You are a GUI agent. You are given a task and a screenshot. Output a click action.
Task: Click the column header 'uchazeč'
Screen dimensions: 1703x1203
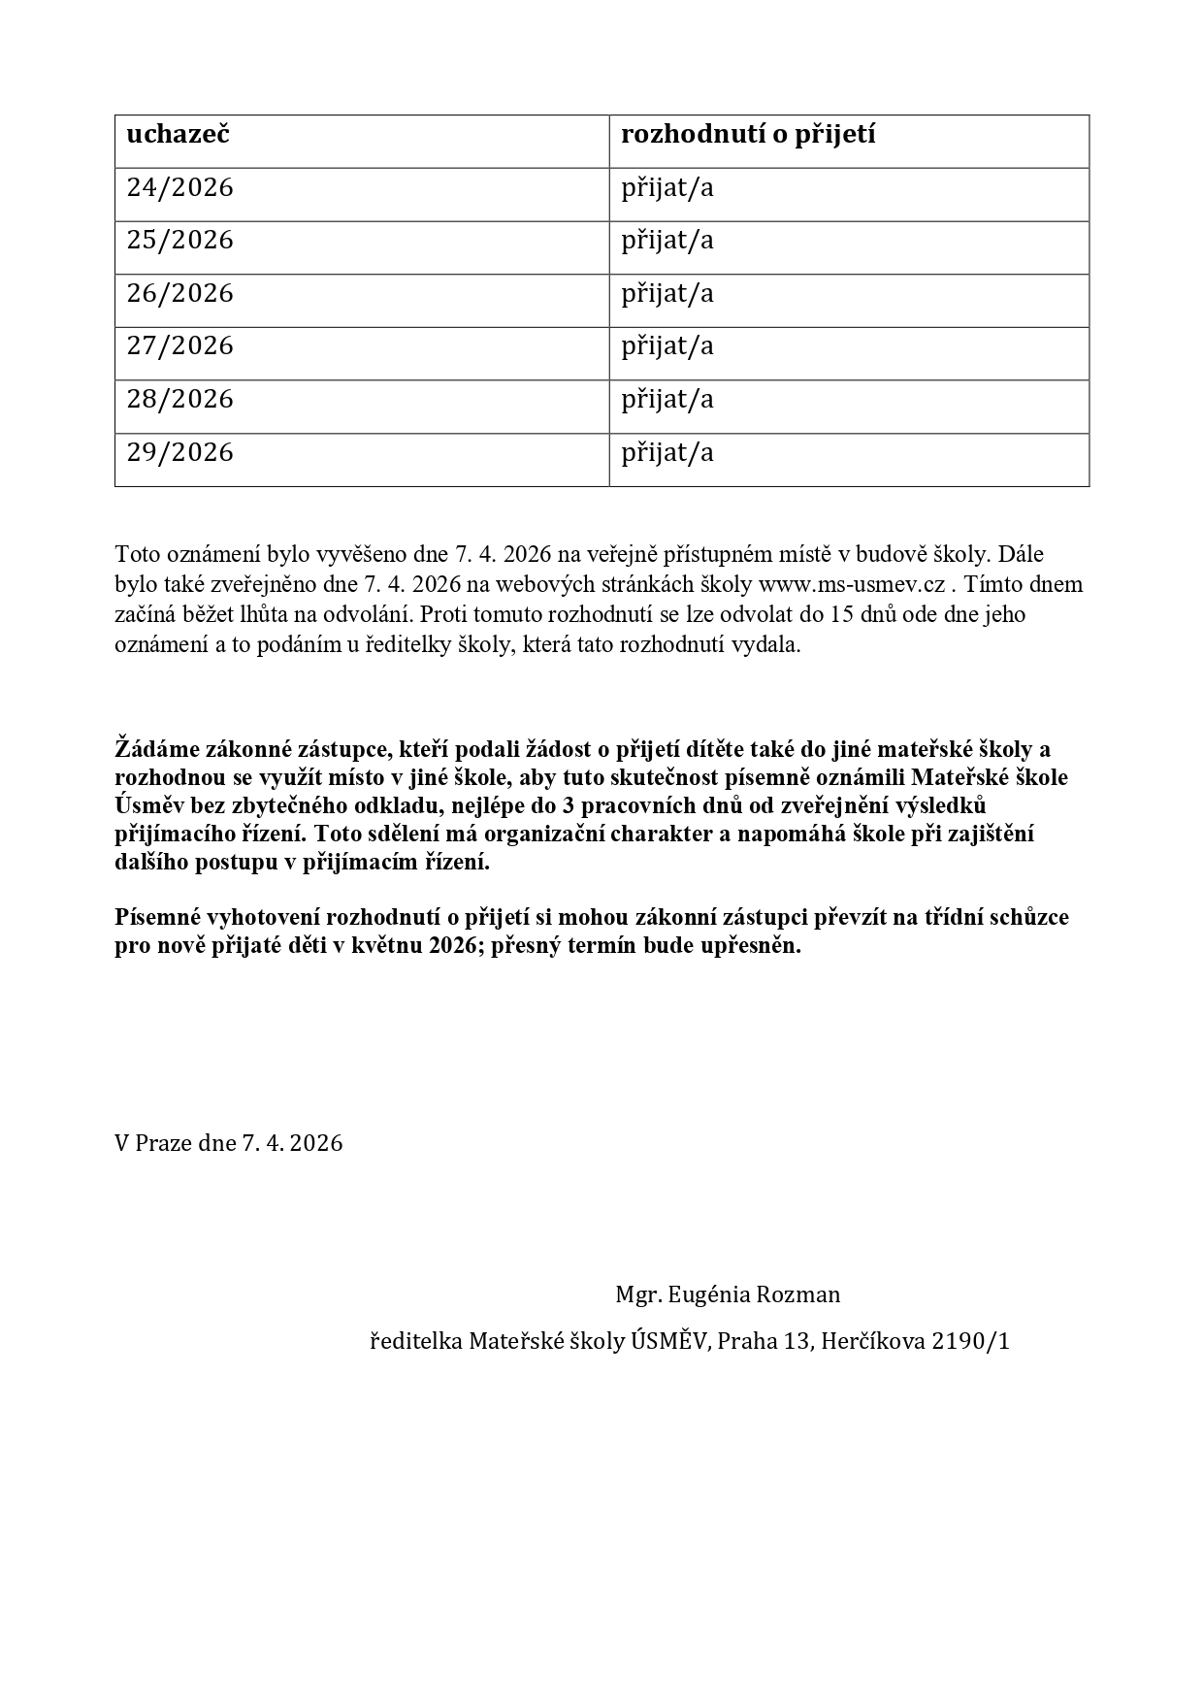tap(178, 134)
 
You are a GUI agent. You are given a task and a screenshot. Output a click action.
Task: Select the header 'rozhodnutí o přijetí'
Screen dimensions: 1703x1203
tap(748, 134)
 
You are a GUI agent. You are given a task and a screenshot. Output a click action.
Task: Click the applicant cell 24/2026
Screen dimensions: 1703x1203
tap(180, 187)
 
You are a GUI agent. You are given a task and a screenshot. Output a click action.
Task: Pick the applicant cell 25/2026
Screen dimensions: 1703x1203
tap(180, 240)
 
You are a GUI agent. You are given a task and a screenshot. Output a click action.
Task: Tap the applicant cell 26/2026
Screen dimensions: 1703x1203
tap(180, 293)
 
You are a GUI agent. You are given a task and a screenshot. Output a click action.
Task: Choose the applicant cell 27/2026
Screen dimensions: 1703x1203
tap(180, 345)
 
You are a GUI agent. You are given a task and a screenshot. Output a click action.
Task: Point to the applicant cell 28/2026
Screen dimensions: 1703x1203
tap(180, 399)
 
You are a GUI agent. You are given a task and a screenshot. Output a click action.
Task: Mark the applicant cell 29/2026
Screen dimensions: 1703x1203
tap(180, 452)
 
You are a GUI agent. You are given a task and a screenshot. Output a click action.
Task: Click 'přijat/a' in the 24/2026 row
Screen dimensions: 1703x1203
tap(667, 187)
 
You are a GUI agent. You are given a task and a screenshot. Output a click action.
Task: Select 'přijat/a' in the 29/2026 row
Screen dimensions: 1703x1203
tap(667, 452)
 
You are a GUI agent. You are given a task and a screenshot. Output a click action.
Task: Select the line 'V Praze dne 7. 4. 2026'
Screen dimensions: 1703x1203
tap(229, 1142)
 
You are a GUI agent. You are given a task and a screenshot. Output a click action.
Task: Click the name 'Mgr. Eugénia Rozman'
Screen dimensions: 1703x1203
tap(728, 1294)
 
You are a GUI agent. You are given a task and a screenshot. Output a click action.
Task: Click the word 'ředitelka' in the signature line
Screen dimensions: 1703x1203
tap(416, 1341)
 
